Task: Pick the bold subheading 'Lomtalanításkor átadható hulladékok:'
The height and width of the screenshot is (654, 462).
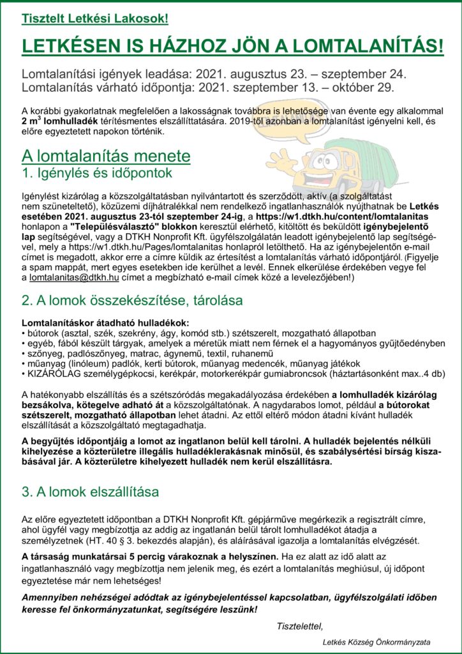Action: click(105, 323)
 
